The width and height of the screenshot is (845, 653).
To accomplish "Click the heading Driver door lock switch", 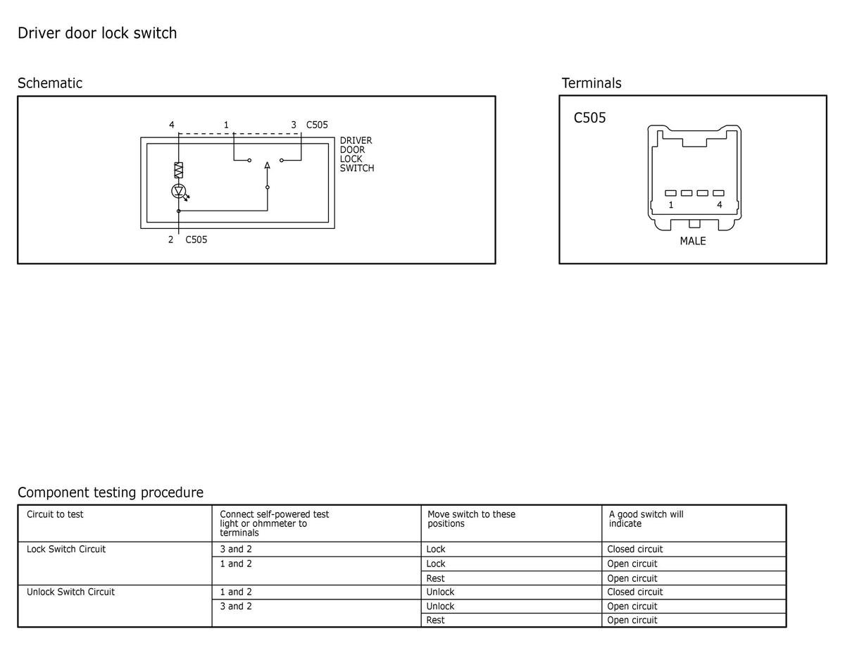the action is coord(97,33).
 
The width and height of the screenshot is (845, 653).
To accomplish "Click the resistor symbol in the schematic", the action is coord(178,170).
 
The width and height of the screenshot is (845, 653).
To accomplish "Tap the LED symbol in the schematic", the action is coord(179,191).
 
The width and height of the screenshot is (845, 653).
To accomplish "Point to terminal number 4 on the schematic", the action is coord(172,125).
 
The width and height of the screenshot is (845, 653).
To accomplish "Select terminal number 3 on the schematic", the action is coord(294,125).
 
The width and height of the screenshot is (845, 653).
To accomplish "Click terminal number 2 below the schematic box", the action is coord(170,240).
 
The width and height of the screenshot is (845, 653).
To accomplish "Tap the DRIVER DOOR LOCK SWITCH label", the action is coord(357,154).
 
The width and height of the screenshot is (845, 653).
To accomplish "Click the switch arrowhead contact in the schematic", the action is coord(267,166).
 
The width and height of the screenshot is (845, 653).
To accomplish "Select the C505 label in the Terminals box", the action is coord(589,118).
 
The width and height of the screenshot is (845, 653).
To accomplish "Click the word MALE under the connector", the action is coord(693,241).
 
